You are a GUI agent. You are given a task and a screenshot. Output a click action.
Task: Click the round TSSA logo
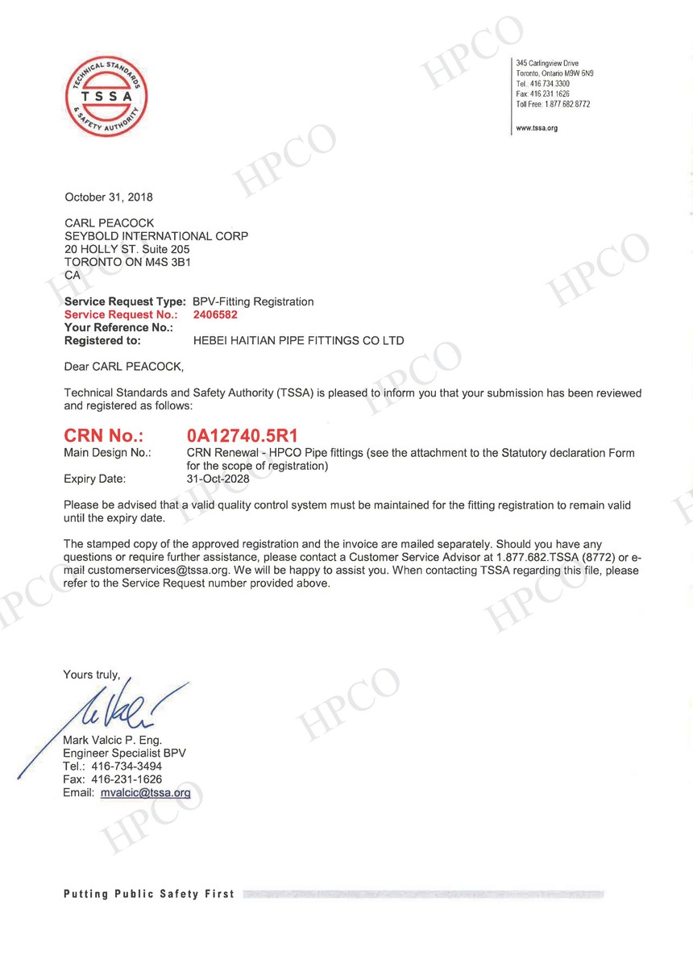pyautogui.click(x=106, y=97)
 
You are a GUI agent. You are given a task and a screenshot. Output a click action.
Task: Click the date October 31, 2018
pyautogui.click(x=108, y=197)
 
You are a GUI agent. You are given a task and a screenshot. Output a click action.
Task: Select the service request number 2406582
pyautogui.click(x=215, y=315)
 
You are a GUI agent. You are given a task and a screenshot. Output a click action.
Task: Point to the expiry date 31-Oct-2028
pyautogui.click(x=218, y=479)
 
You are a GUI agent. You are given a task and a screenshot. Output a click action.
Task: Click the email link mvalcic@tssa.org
pyautogui.click(x=146, y=793)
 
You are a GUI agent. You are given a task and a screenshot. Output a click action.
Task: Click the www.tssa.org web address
pyautogui.click(x=537, y=128)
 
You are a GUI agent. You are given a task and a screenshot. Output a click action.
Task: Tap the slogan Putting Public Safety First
pyautogui.click(x=149, y=894)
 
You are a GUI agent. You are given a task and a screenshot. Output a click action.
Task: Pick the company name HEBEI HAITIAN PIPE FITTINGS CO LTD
pyautogui.click(x=299, y=341)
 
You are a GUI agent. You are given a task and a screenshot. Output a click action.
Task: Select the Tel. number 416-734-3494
pyautogui.click(x=127, y=766)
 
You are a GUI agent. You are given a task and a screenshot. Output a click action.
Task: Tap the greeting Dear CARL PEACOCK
pyautogui.click(x=123, y=367)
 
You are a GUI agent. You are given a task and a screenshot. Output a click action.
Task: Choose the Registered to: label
pyautogui.click(x=102, y=341)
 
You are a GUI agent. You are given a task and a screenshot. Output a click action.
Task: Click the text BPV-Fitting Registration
pyautogui.click(x=253, y=301)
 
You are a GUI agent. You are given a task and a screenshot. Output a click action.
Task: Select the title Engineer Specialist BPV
pyautogui.click(x=124, y=753)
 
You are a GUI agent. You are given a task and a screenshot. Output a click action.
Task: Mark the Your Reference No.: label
pyautogui.click(x=118, y=328)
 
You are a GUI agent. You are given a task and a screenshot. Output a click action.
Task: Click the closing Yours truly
pyautogui.click(x=91, y=675)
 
